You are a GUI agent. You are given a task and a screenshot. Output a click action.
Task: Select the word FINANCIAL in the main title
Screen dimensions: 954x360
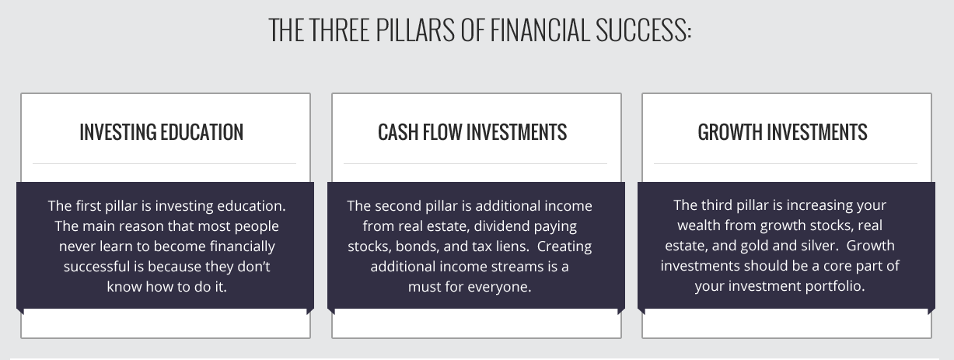540,30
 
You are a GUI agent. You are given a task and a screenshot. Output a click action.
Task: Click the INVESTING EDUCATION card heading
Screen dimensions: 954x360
162,132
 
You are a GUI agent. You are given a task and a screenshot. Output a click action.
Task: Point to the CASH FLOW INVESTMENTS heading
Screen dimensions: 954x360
472,132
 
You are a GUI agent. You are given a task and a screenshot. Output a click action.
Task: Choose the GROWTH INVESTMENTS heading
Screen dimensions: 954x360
782,132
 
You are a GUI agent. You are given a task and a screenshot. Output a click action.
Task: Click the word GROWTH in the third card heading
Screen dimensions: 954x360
729,132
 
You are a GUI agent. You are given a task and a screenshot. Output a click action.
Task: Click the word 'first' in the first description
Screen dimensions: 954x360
88,206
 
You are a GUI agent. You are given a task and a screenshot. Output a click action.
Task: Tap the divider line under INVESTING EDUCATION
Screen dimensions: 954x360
164,163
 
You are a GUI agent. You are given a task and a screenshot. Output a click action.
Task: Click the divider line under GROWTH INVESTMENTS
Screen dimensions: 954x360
785,163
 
